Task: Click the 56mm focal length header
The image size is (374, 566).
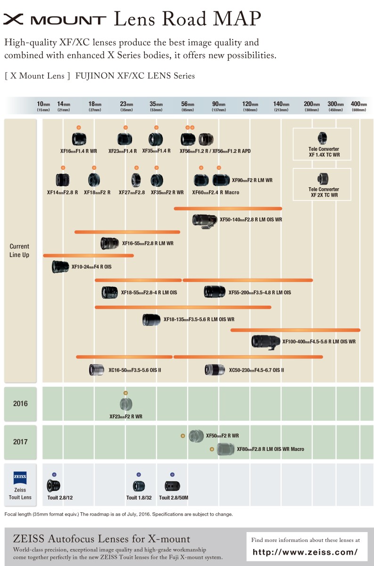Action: [188, 106]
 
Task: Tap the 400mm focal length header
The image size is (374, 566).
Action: [359, 106]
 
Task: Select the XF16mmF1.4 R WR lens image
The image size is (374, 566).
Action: [79, 139]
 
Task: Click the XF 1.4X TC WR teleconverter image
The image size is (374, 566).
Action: [322, 138]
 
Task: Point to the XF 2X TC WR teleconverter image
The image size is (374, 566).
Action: [323, 179]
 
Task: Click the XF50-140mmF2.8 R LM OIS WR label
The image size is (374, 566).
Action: [251, 220]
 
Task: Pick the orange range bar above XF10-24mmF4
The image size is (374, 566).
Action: [88, 256]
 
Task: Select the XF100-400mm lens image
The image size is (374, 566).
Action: [266, 342]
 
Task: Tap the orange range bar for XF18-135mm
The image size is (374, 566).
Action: [183, 307]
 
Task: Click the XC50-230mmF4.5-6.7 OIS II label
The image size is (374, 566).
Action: [257, 370]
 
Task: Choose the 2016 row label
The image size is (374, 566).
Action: [20, 403]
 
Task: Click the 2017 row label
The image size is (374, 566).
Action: [20, 441]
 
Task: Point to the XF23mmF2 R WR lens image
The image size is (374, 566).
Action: [126, 404]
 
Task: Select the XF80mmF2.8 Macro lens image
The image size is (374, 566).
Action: [225, 449]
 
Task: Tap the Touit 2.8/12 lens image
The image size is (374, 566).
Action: [54, 486]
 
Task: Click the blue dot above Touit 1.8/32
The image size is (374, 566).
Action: [139, 474]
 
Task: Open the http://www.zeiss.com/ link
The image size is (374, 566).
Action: [305, 552]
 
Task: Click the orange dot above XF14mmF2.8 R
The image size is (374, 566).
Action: [63, 167]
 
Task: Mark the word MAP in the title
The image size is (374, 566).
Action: [237, 18]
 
